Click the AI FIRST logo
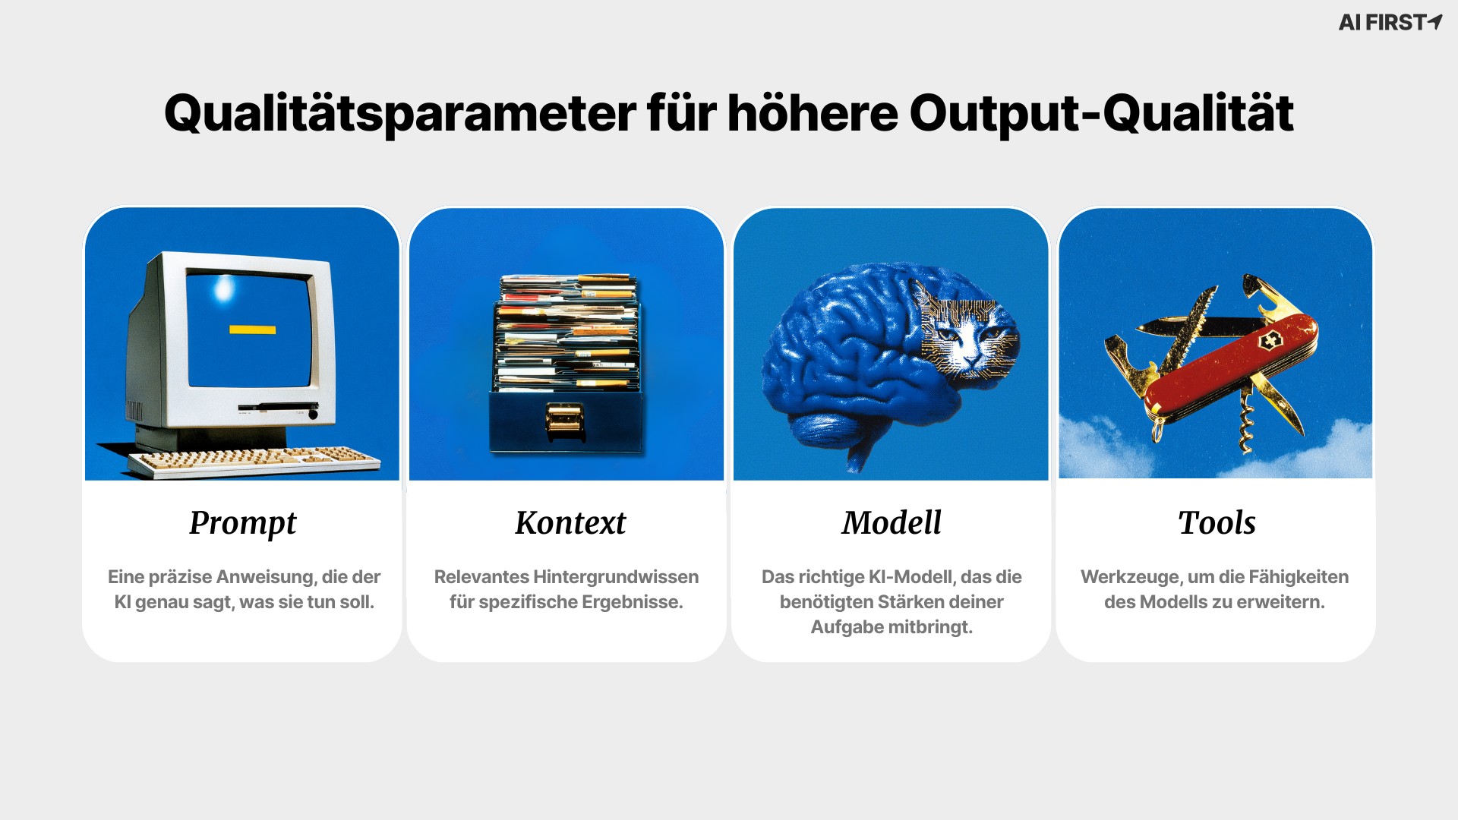[x=1390, y=22]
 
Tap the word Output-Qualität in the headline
[x=1101, y=114]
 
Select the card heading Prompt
[x=243, y=523]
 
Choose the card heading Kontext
[x=570, y=522]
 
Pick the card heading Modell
[x=892, y=522]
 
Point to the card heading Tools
[x=1217, y=522]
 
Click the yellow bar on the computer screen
[x=252, y=330]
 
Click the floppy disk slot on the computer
[x=278, y=408]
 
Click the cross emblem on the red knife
[x=1270, y=341]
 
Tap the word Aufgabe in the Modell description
[x=843, y=628]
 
